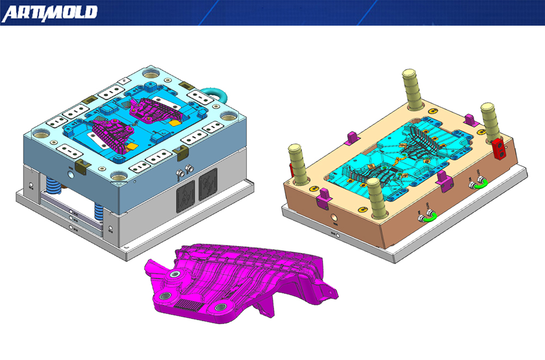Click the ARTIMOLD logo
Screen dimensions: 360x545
click(50, 13)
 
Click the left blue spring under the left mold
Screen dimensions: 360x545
click(55, 185)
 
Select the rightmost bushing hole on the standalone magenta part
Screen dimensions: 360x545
click(221, 308)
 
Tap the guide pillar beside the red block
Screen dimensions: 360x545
click(489, 122)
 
